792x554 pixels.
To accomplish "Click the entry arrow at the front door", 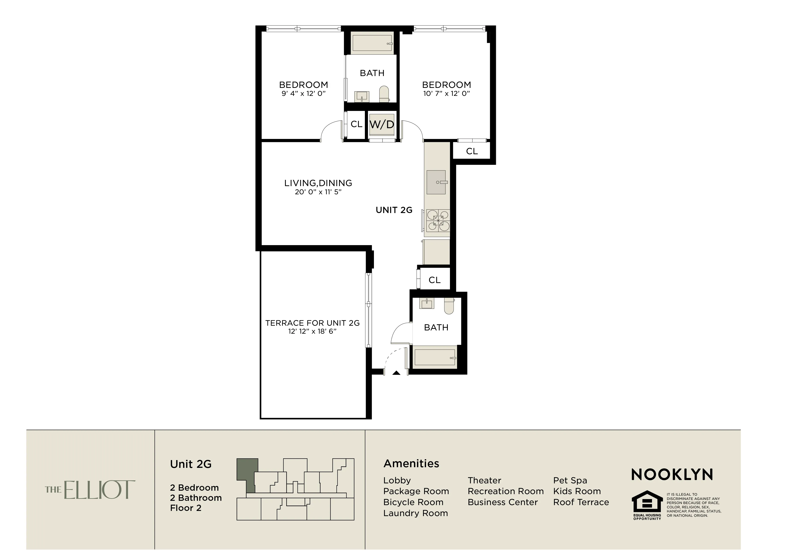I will (x=396, y=373).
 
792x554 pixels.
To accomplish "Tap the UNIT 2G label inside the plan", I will (x=394, y=210).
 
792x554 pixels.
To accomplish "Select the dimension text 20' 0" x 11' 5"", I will (x=318, y=192).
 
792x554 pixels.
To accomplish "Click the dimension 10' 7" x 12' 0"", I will (x=446, y=93).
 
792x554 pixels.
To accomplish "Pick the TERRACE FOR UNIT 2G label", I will (x=312, y=323).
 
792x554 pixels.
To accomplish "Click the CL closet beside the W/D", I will (x=356, y=124).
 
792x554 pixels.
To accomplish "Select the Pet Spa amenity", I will (x=570, y=480).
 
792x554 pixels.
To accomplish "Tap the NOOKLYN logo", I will (x=672, y=475).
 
